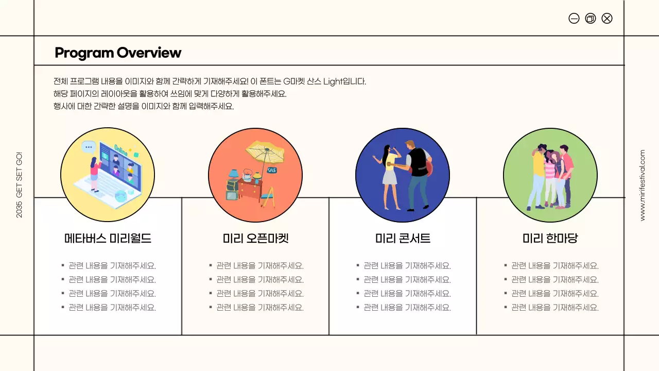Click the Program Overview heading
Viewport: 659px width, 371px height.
pos(118,53)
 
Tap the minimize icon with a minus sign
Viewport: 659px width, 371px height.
pos(574,19)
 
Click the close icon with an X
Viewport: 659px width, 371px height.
pos(607,19)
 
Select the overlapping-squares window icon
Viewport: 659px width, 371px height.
pos(591,19)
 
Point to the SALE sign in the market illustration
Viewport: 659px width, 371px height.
pos(271,170)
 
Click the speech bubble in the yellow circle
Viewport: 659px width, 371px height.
pos(89,147)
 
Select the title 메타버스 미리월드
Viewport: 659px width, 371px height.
pos(108,239)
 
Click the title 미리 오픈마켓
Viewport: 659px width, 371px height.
pos(255,239)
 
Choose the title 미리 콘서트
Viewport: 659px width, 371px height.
pos(403,239)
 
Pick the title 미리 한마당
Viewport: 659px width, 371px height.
pos(550,239)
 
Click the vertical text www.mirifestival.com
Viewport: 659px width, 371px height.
pos(642,185)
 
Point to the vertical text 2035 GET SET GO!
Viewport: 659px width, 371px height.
pos(19,184)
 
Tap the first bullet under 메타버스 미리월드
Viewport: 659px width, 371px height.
pos(112,266)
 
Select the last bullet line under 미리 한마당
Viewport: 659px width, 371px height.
pos(554,308)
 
